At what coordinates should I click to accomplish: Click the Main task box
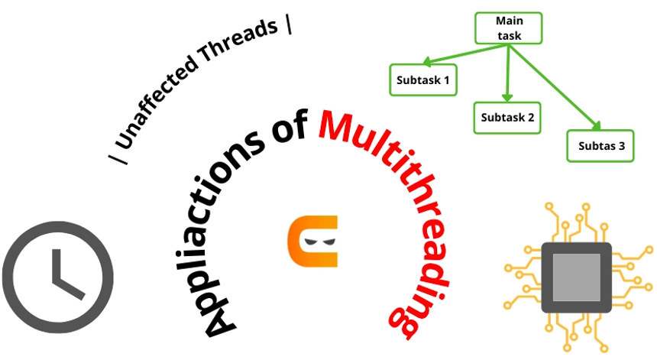[x=508, y=28]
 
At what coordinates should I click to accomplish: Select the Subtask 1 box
[x=422, y=79]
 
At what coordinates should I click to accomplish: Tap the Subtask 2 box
[x=507, y=118]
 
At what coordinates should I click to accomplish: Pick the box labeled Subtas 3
[x=600, y=145]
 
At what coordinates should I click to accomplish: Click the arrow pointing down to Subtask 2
[x=507, y=73]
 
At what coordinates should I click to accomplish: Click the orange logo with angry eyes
[x=312, y=242]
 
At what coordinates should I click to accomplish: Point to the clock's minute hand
[x=54, y=264]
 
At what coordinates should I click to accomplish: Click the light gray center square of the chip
[x=576, y=277]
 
